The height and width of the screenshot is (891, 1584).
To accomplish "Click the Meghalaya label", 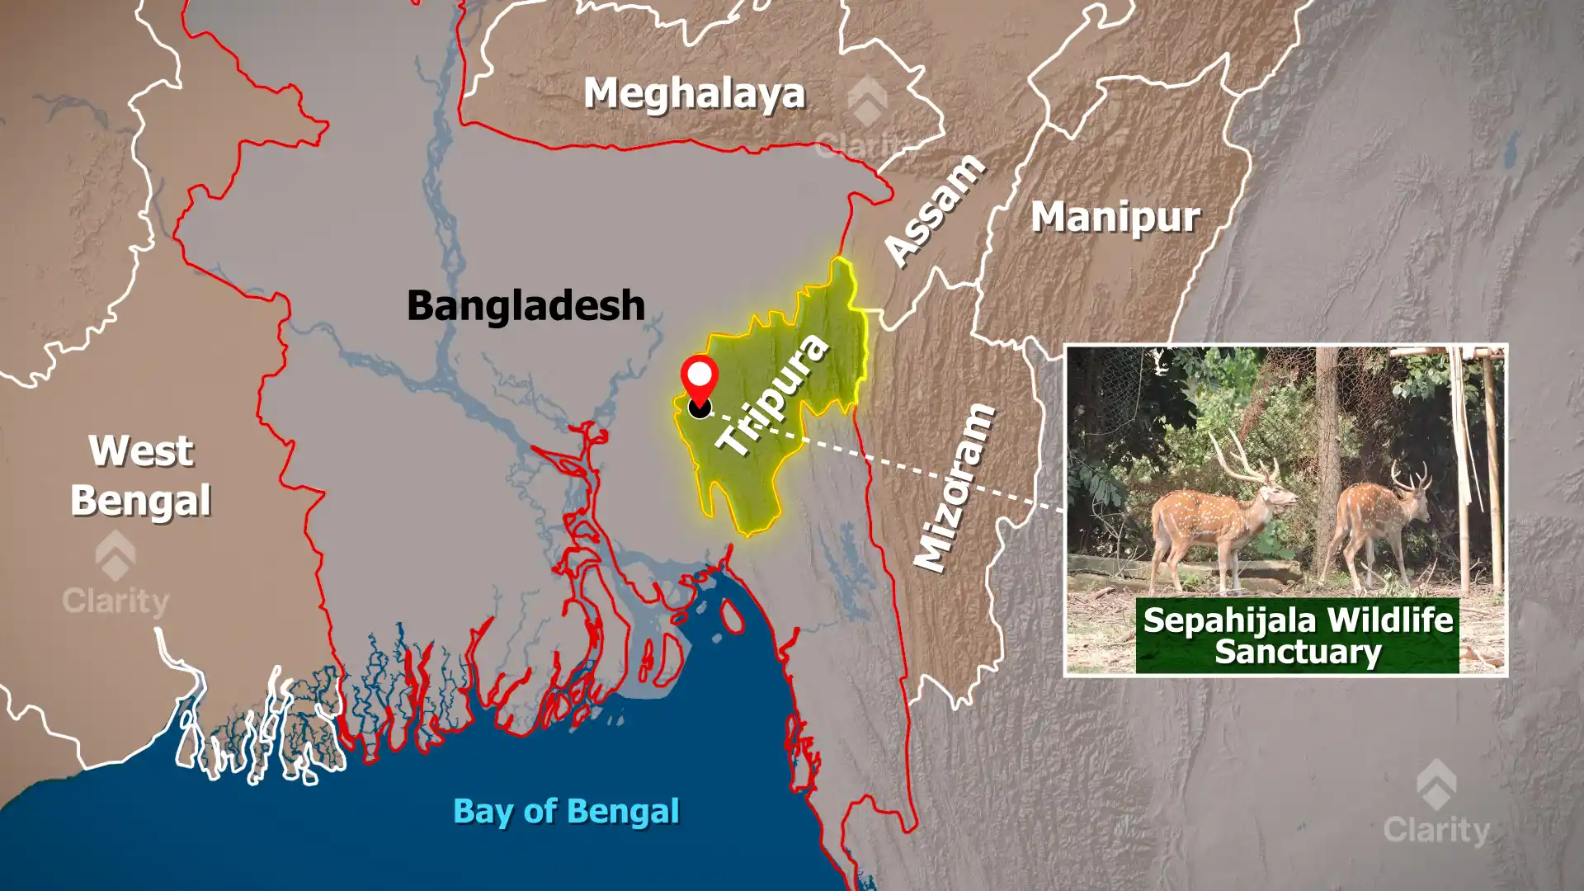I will coord(694,93).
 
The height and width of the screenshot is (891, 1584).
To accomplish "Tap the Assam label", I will coord(934,210).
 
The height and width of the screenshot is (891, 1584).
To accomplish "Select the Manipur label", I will coord(1115,217).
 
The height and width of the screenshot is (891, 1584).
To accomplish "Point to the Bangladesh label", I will coord(526,305).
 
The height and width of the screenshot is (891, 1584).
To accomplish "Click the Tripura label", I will coord(772,394).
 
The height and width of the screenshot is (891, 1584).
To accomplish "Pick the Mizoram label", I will coord(956,488).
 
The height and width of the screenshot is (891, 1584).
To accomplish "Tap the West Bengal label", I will coord(141,476).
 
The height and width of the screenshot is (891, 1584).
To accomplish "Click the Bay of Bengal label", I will coord(566,811).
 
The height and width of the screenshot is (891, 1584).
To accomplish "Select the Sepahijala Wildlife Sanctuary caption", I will coord(1297,635).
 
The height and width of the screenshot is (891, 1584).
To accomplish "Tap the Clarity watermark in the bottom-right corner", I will coord(1436,808).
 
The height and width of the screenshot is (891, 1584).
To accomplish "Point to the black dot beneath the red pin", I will coord(700,408).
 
